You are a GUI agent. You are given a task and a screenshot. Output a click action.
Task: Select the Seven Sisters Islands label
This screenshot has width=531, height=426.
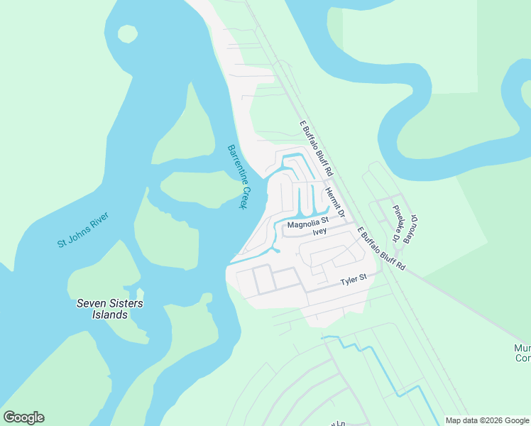109,309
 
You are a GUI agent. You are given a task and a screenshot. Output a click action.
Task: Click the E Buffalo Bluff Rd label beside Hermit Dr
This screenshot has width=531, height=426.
316,149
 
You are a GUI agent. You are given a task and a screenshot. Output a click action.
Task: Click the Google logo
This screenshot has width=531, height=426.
23,417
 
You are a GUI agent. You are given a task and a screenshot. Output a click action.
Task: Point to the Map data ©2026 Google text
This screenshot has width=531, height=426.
487,420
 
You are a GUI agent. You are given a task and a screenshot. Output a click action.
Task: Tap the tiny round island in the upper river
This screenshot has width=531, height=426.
128,33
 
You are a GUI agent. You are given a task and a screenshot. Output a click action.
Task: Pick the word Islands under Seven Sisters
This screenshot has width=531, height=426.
109,315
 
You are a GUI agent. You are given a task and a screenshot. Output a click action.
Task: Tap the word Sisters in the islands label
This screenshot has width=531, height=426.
126,303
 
